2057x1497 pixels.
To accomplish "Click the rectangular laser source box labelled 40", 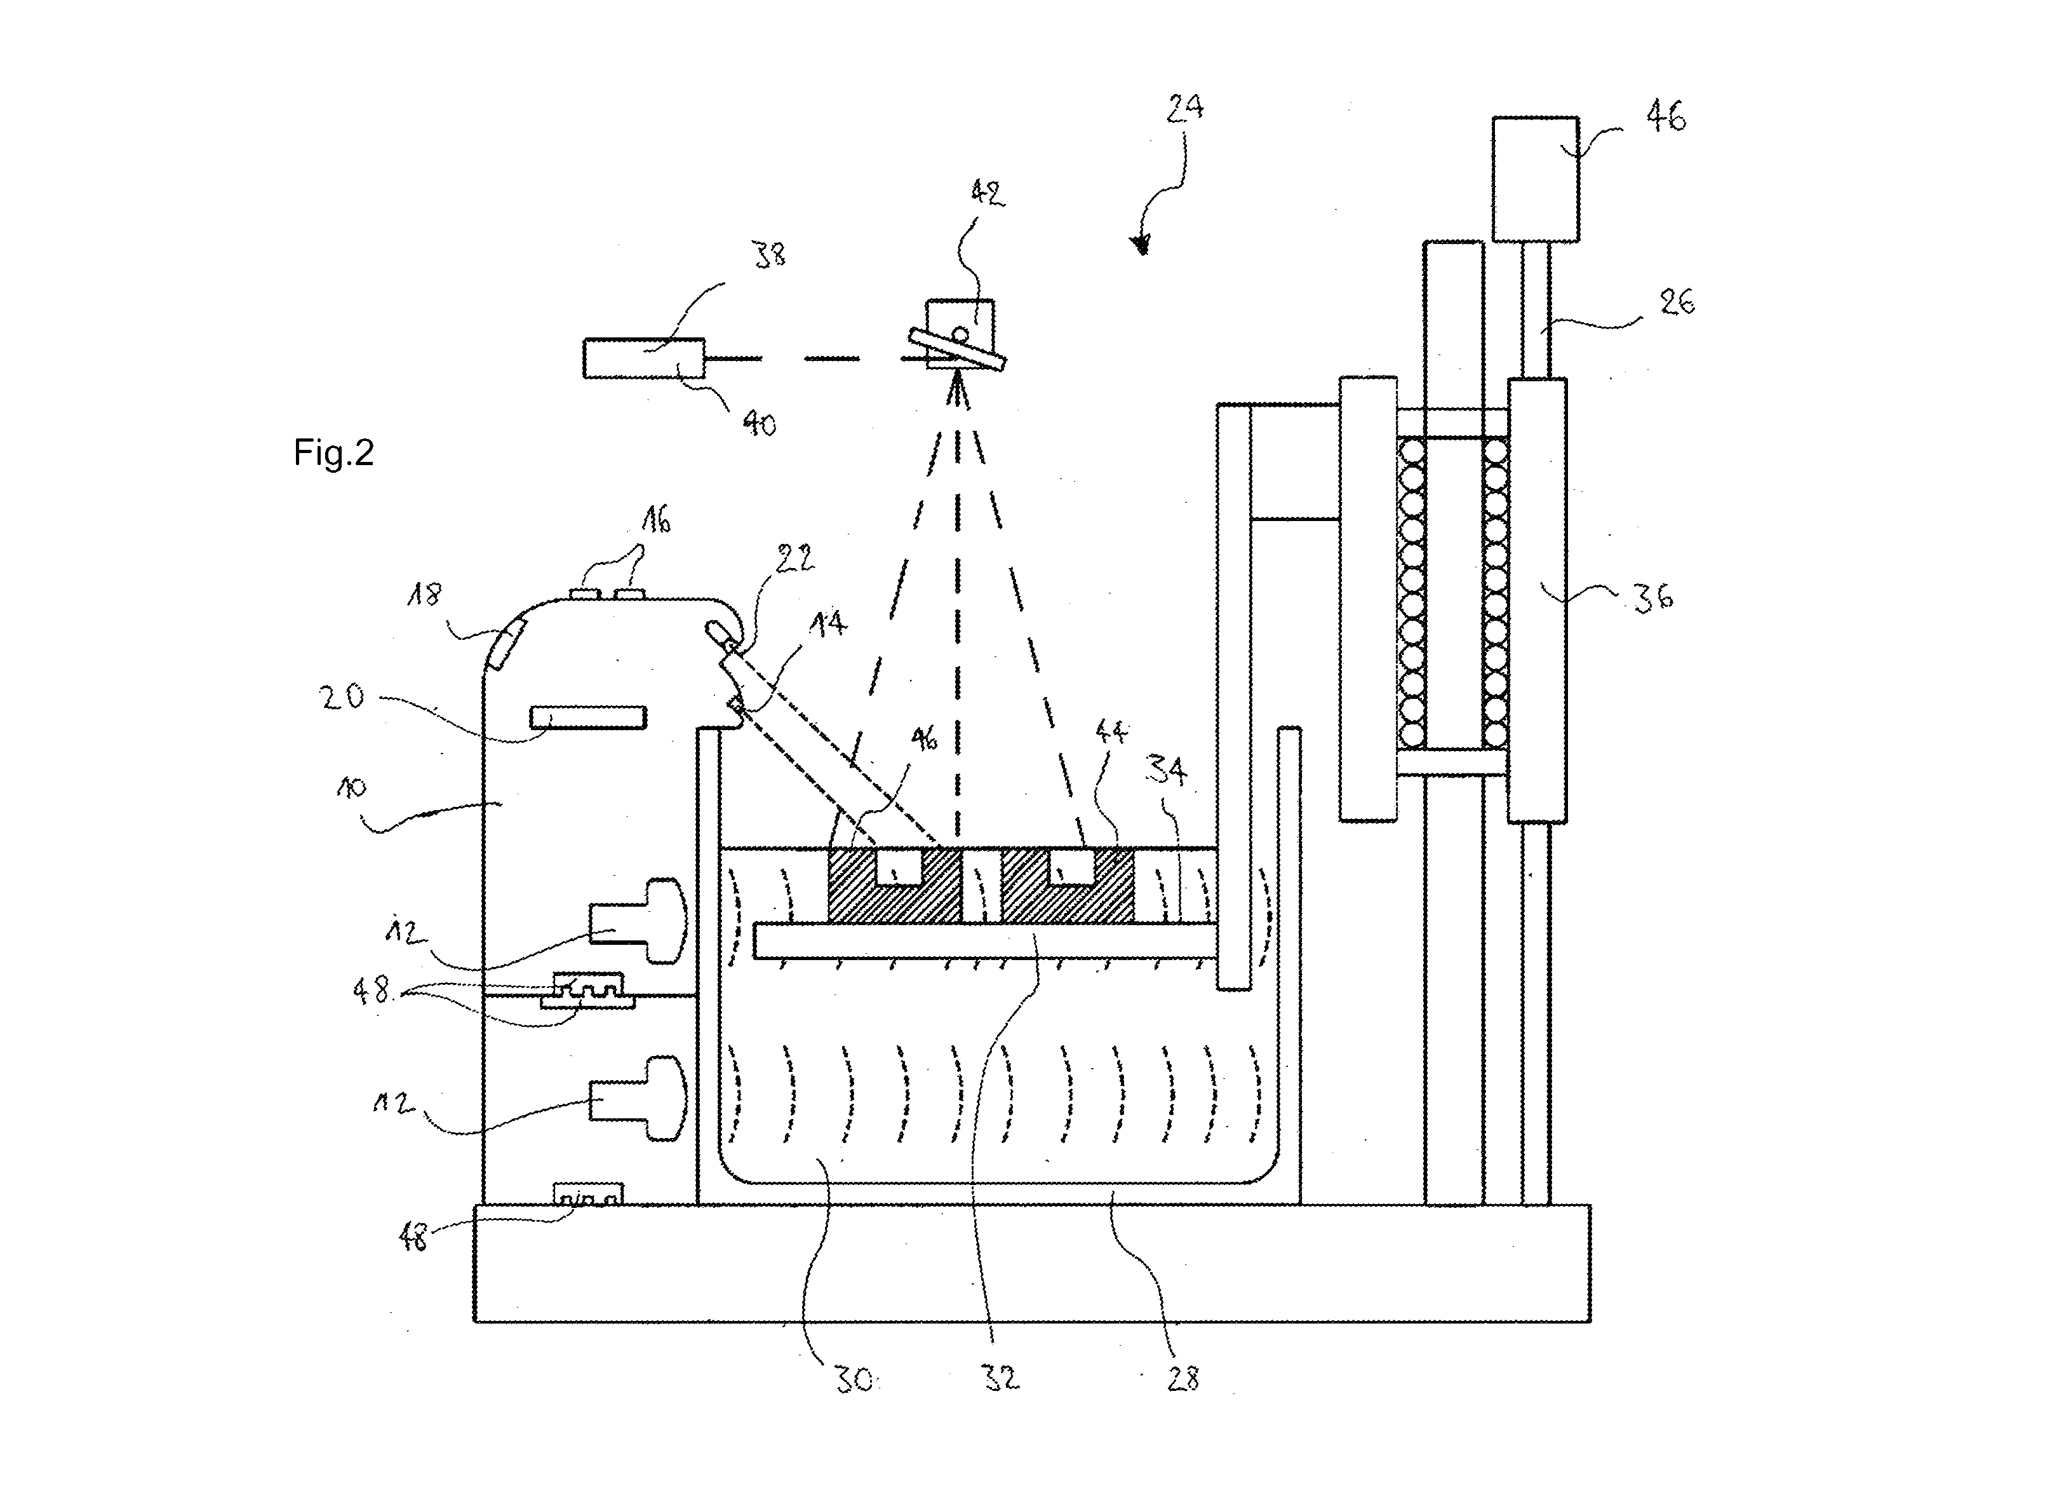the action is point(644,358).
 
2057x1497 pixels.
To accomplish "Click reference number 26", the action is point(1677,302).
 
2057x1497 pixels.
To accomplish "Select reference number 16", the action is point(656,521).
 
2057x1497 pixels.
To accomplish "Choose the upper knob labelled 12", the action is point(638,920).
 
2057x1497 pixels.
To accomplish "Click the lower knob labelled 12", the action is point(638,1098).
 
